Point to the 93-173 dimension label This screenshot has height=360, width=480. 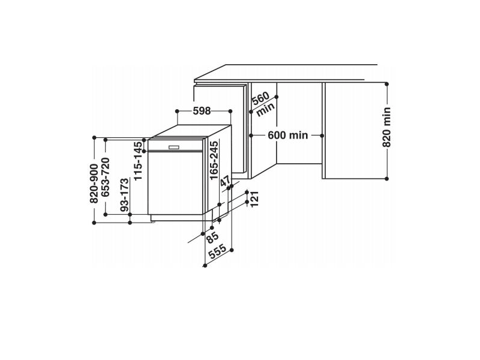tap(124, 196)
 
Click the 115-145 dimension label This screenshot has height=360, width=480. tap(138, 161)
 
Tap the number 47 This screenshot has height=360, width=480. tap(225, 182)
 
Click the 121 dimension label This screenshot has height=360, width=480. tap(254, 198)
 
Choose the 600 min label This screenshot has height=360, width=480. tap(287, 136)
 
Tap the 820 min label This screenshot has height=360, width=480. tap(387, 127)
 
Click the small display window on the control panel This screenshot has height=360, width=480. tap(175, 146)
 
